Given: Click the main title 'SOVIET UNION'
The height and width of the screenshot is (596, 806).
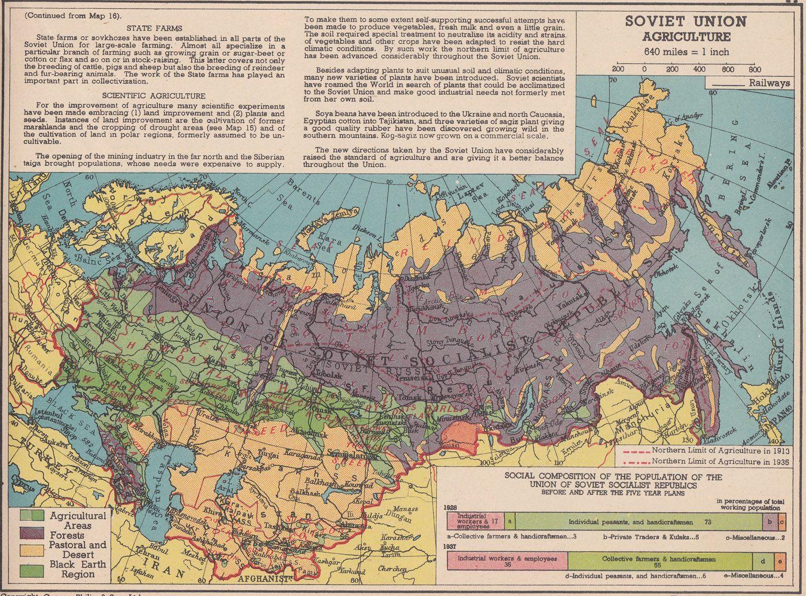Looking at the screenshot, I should (x=686, y=22).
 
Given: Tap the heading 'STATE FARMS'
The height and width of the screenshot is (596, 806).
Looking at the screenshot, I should (x=154, y=28).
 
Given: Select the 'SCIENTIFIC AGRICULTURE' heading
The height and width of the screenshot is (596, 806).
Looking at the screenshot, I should (x=154, y=95).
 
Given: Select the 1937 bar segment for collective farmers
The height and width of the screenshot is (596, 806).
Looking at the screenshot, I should (x=659, y=559).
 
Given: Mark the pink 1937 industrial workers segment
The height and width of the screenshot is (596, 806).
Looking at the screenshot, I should (x=507, y=560).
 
